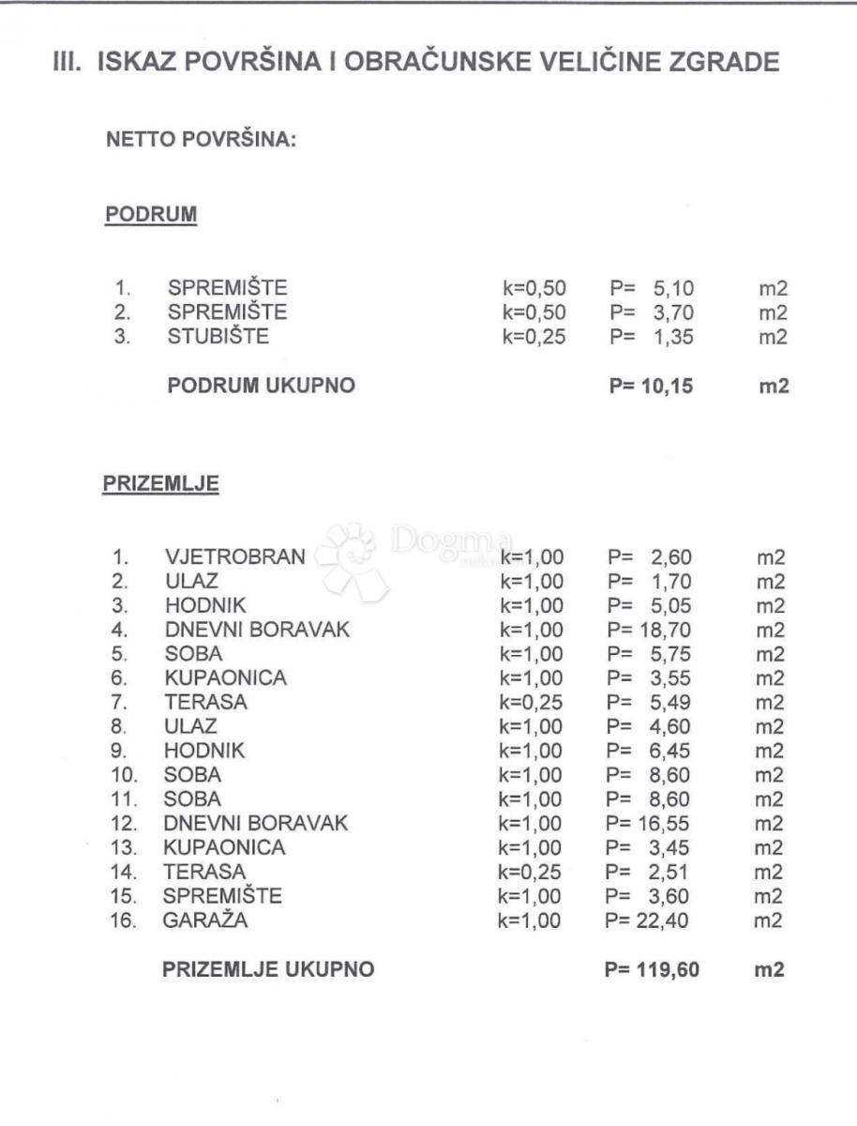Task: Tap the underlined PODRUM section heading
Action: [x=150, y=214]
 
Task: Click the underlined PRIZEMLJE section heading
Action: [x=160, y=485]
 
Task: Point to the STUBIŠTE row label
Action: [x=218, y=337]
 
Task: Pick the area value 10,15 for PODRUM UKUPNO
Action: [x=669, y=386]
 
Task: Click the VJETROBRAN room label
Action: [x=234, y=557]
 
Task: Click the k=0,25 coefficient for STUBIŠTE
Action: [x=534, y=337]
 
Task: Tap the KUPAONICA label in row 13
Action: [x=224, y=848]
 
